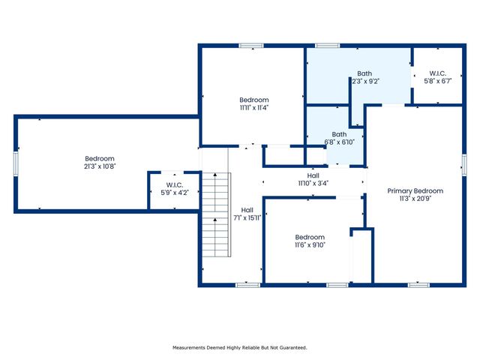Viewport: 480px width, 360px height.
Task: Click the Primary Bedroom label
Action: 415,190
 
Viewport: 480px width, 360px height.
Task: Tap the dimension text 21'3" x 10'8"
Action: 99,166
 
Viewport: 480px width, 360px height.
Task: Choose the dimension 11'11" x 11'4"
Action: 253,107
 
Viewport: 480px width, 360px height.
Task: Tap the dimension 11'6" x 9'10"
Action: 309,244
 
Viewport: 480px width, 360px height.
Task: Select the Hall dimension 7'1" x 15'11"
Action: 246,218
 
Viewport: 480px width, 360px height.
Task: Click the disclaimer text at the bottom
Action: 240,347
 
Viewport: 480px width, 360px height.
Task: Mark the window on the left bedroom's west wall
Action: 16,163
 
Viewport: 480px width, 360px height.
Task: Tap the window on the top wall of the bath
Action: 327,46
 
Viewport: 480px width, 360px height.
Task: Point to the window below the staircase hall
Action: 247,285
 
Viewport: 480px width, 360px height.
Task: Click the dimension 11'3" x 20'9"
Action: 415,199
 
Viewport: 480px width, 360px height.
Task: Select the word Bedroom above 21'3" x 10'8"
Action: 99,158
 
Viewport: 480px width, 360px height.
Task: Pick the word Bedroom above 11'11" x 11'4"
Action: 253,100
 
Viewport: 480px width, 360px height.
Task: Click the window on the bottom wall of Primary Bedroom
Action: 418,285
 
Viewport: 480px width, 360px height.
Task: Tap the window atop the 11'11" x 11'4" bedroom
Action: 250,46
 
